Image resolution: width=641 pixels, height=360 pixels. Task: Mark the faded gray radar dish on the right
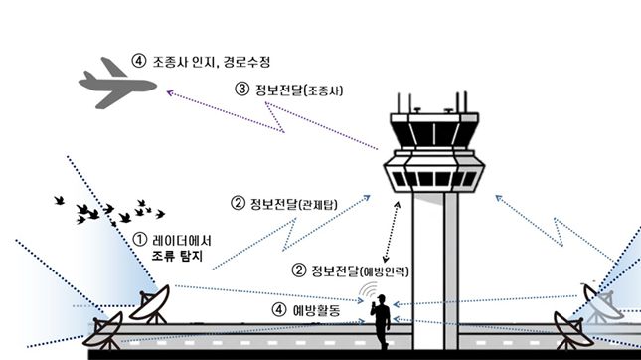click(602, 303)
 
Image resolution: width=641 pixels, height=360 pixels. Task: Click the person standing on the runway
click(380, 321)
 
